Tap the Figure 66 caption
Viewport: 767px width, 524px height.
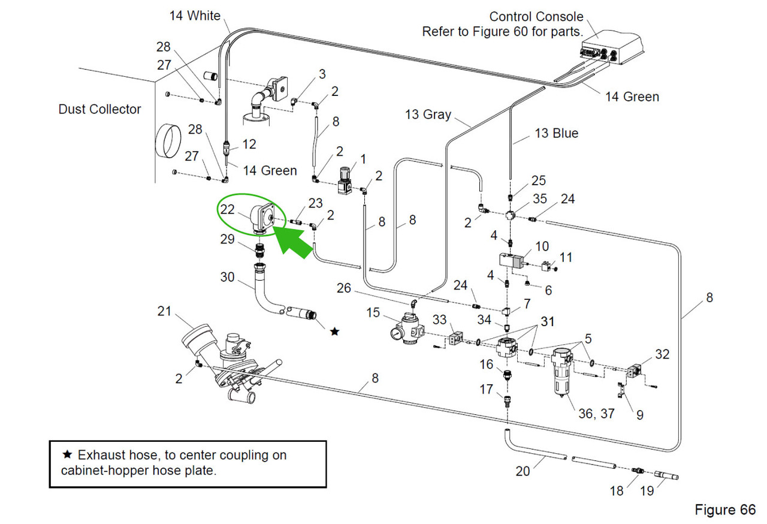(724, 510)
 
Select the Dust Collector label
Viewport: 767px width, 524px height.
(99, 109)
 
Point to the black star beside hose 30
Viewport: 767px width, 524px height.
(334, 331)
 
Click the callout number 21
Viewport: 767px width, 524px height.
(164, 311)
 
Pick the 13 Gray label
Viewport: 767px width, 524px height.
(428, 114)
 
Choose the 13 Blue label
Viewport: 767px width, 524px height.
(556, 133)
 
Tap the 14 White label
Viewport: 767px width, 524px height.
(195, 16)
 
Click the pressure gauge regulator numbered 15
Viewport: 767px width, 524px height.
(406, 330)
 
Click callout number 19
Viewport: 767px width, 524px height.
(647, 491)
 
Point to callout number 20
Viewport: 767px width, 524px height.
(523, 471)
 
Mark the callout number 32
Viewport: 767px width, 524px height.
(662, 354)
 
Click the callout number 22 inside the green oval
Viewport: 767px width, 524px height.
(227, 209)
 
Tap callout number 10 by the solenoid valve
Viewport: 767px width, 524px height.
(542, 246)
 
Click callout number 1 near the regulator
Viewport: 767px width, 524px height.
(361, 158)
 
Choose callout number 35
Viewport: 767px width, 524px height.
(539, 199)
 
